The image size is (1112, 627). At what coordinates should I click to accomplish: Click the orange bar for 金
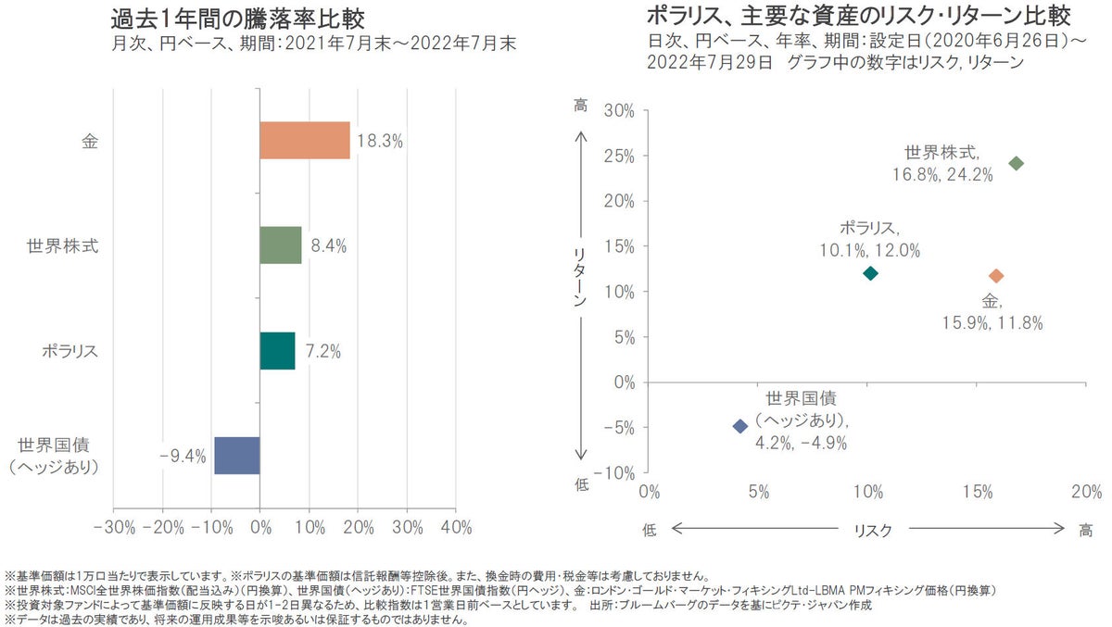click(305, 140)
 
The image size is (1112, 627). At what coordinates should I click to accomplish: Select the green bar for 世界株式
click(281, 245)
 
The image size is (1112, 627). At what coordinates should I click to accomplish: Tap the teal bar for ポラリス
click(277, 351)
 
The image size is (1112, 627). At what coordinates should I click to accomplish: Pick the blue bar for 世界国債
click(237, 456)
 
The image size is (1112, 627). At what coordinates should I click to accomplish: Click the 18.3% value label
click(380, 141)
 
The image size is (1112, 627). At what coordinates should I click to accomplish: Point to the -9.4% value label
click(183, 456)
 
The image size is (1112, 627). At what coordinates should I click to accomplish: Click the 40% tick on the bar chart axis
click(456, 528)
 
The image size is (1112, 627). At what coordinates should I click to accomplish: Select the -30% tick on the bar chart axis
click(115, 528)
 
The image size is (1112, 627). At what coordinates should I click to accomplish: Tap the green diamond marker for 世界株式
click(1017, 163)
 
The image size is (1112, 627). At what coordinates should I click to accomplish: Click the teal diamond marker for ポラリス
click(870, 273)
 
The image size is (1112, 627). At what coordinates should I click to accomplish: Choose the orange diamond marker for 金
click(997, 276)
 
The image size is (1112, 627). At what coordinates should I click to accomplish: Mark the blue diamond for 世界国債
click(739, 426)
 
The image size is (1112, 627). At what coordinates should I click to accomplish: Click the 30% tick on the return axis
click(619, 111)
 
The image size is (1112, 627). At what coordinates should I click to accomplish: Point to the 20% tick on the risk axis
click(1086, 490)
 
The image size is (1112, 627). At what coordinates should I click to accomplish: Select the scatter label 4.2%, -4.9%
click(802, 443)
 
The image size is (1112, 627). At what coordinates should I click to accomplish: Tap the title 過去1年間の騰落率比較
click(237, 18)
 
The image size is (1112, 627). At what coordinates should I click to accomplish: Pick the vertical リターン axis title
click(580, 277)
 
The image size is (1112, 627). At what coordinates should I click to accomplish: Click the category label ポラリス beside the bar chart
click(69, 352)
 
